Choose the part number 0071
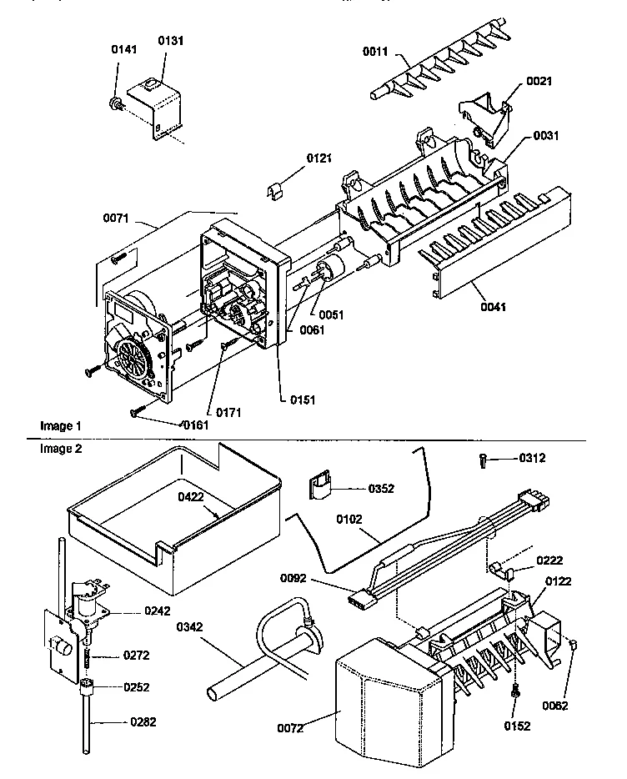(118, 219)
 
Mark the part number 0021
(538, 82)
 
